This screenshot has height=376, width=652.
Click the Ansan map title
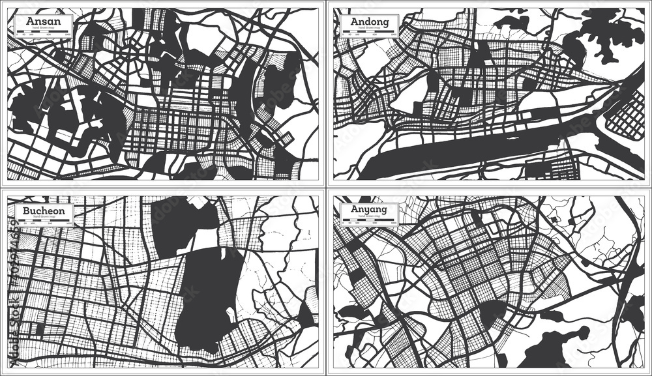click(x=41, y=20)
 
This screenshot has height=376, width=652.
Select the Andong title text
click(x=369, y=21)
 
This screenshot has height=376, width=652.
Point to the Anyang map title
click(x=369, y=209)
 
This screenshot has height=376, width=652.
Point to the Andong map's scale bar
click(x=369, y=36)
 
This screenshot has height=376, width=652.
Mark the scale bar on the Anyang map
click(x=369, y=223)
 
